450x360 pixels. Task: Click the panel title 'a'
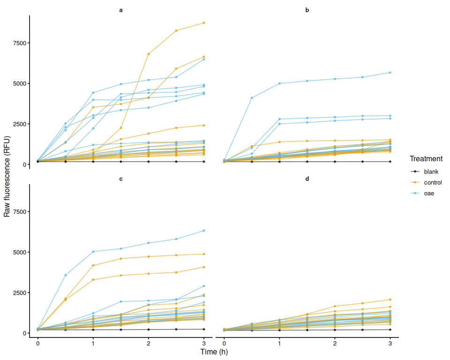tap(121, 10)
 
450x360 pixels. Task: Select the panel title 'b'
tap(307, 10)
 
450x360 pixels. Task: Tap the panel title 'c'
tap(121, 179)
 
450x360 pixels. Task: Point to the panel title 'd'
tap(307, 179)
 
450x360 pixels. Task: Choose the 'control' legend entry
tap(426, 183)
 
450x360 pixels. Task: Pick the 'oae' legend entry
tap(422, 194)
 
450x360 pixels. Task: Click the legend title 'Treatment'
tap(426, 159)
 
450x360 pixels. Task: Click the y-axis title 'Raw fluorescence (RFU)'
tap(7, 176)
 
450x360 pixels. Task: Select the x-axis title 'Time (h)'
tap(214, 352)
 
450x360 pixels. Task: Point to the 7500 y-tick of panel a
tap(20, 43)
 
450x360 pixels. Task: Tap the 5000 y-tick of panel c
tap(20, 252)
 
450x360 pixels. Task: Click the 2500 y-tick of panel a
tap(20, 124)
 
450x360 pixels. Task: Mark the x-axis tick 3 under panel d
tap(390, 343)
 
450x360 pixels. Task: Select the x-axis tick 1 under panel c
tap(93, 343)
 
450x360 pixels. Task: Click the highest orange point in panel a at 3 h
tap(204, 22)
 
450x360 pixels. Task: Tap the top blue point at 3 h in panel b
tap(390, 73)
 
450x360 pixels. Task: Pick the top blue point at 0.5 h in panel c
tap(66, 275)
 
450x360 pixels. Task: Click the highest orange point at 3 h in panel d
tap(390, 300)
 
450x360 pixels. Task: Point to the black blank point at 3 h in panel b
tap(390, 162)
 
